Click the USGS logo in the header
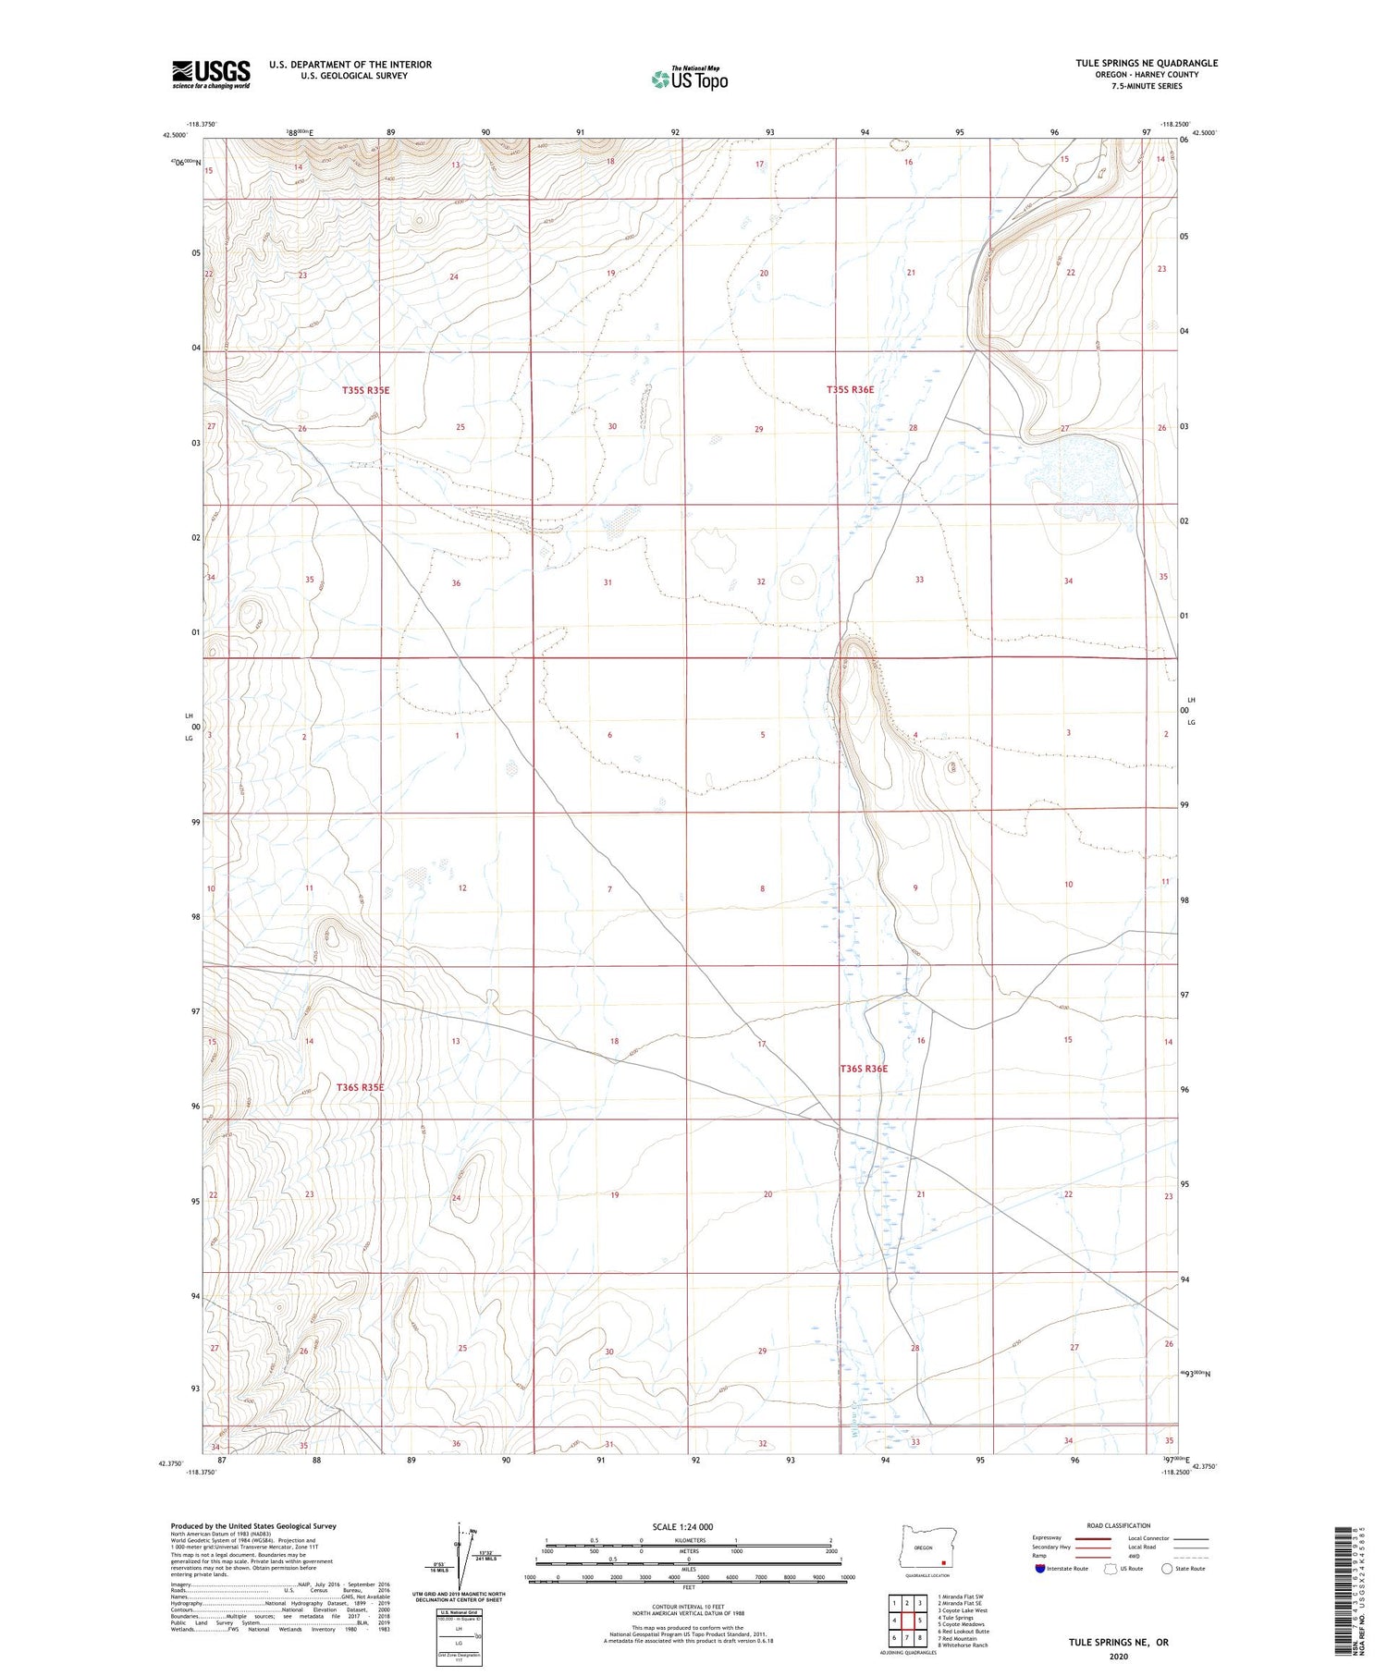[211, 74]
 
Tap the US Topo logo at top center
[689, 80]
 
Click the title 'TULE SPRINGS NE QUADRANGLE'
[1147, 63]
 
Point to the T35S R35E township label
[365, 391]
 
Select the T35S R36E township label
[850, 390]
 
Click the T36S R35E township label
[360, 1087]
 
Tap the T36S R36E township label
[864, 1069]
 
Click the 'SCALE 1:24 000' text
[682, 1526]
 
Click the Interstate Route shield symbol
[1040, 1569]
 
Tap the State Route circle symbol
[1167, 1569]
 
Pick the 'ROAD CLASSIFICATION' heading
[1119, 1526]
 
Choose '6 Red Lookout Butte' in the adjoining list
[963, 1632]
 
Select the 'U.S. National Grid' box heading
[458, 1611]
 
